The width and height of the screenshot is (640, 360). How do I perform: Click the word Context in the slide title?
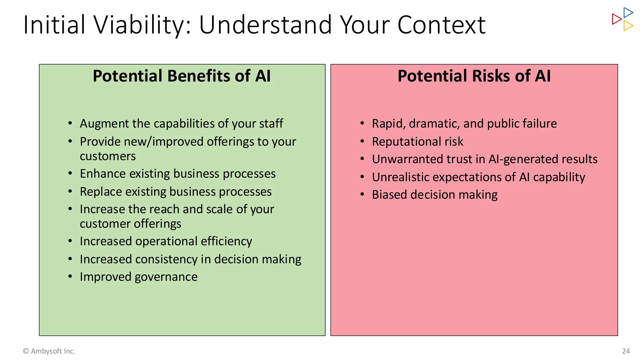441,25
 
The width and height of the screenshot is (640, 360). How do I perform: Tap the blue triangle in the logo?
628,12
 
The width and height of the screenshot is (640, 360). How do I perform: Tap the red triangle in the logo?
616,19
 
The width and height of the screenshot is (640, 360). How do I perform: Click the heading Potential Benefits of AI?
182,76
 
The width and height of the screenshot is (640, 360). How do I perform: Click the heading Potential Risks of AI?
474,76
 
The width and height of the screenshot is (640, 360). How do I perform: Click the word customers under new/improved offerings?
107,156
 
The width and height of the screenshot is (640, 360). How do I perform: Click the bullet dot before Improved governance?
70,277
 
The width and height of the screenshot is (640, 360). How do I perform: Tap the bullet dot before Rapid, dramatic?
362,123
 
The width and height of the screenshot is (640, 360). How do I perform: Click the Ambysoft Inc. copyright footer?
49,351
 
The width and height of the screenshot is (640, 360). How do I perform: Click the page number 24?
626,351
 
